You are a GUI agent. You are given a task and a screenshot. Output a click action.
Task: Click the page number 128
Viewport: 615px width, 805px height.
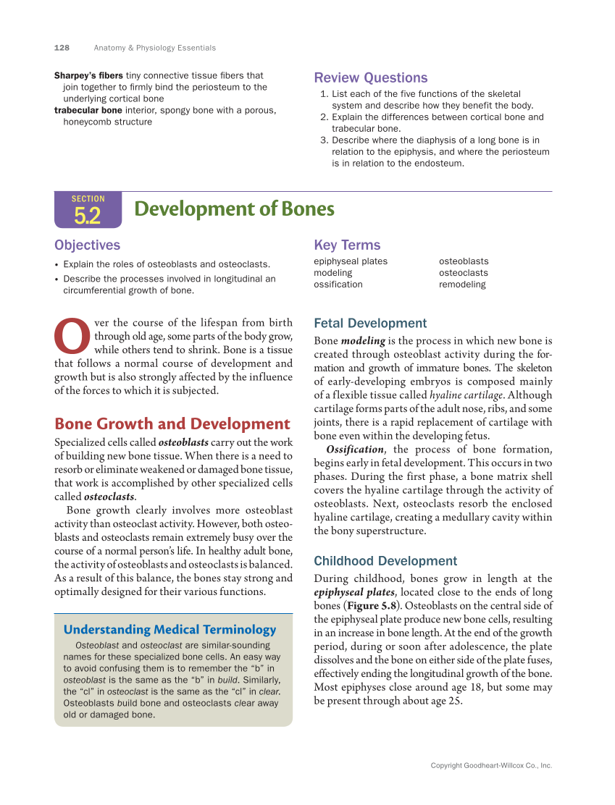(x=62, y=48)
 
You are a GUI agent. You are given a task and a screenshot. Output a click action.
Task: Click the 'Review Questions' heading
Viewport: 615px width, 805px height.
(x=370, y=78)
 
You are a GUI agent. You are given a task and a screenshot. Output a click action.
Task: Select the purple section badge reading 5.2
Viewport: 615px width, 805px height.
(x=88, y=210)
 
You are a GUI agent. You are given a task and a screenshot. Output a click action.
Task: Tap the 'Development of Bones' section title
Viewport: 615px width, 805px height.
(x=234, y=209)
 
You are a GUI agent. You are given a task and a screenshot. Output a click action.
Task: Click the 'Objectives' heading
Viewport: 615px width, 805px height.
(x=87, y=245)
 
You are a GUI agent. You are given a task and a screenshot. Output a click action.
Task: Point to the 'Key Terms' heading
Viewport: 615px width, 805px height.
(x=347, y=245)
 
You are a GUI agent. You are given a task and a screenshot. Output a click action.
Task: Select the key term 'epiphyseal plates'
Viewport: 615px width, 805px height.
(x=350, y=261)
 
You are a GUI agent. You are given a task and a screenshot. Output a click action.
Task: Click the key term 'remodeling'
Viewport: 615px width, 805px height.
(x=462, y=285)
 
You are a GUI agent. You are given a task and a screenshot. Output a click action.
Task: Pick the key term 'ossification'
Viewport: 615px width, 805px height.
(x=338, y=285)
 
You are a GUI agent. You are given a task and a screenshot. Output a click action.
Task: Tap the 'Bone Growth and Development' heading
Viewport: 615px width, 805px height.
(x=172, y=424)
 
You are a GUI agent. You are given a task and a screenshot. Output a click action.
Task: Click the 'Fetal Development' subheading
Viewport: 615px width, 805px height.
(x=370, y=324)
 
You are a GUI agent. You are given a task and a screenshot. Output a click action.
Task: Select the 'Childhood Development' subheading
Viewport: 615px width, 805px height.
(x=385, y=561)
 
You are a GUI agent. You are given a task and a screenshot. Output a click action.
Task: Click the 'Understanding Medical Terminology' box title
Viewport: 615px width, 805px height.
(x=170, y=630)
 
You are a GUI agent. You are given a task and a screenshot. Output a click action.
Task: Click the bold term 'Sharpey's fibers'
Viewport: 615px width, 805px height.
(x=88, y=75)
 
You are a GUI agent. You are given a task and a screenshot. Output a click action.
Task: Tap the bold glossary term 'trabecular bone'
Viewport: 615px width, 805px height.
(x=88, y=110)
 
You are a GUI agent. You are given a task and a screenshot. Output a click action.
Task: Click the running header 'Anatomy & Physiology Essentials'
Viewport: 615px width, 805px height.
(x=154, y=48)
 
